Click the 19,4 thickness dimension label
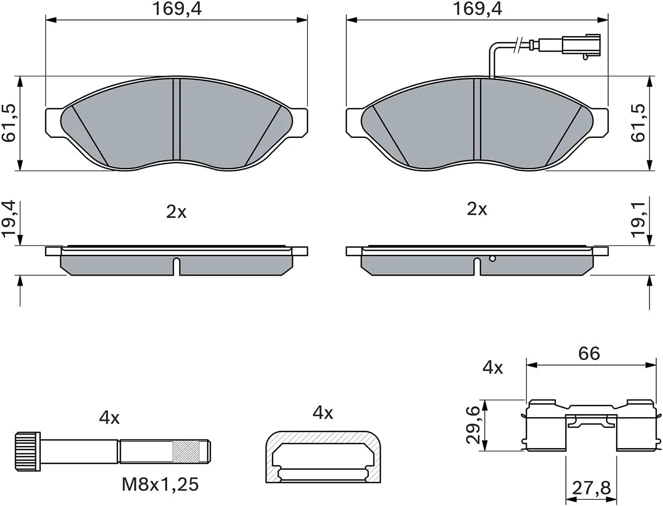(8, 219)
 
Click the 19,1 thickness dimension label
(638, 220)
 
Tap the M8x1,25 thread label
(160, 484)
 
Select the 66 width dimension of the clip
(589, 354)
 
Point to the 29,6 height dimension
(473, 425)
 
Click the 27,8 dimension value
(591, 488)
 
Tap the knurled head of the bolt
(28, 452)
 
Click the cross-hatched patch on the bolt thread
(186, 451)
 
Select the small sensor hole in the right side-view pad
(492, 258)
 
